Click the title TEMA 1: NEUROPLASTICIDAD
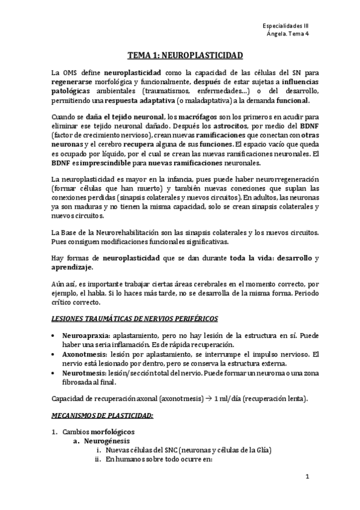(185, 57)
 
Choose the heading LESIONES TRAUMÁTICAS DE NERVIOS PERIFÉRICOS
(135, 317)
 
